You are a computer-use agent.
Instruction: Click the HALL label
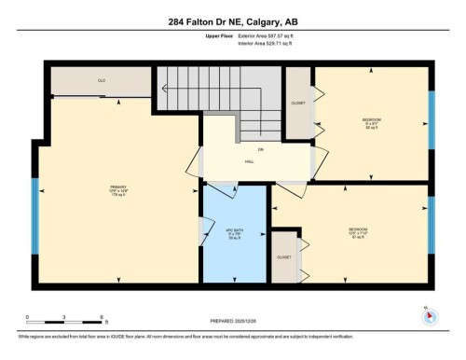(250, 161)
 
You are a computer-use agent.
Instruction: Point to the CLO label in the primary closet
(101, 81)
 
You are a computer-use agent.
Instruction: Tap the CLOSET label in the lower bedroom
(285, 256)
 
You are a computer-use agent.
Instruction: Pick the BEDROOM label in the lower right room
(358, 230)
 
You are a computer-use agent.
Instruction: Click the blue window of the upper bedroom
(430, 114)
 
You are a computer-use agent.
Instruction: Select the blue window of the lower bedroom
(430, 225)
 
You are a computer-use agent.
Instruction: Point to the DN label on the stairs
(249, 149)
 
